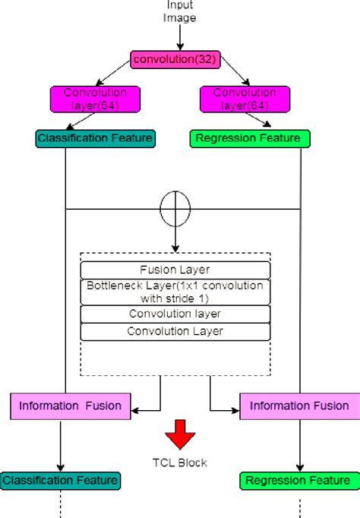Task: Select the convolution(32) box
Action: (175, 59)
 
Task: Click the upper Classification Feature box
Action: (95, 138)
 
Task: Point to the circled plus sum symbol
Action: (175, 207)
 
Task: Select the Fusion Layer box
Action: (175, 270)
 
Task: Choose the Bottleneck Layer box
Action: (175, 291)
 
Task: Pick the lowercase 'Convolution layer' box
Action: (175, 313)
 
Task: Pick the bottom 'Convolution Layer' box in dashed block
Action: (175, 331)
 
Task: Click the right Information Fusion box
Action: (299, 406)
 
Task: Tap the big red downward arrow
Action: (181, 434)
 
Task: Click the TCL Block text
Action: (181, 461)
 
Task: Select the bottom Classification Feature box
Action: (60, 480)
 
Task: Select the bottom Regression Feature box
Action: (300, 480)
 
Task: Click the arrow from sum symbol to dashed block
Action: (175, 239)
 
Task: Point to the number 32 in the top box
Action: (204, 59)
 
